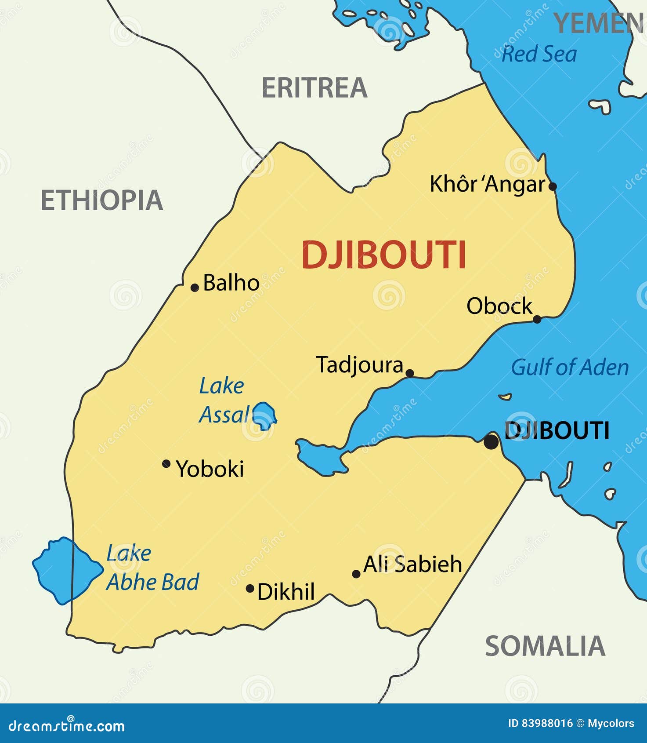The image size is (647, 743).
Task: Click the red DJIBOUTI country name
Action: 383,255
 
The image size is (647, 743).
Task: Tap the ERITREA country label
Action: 314,88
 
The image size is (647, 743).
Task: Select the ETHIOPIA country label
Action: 102,200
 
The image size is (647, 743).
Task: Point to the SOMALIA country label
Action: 545,646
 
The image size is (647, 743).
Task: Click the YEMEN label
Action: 598,23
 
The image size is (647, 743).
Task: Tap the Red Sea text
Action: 539,55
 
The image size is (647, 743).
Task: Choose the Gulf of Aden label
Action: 570,368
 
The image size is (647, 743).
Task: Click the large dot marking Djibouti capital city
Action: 491,441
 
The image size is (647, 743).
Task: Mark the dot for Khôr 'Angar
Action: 553,186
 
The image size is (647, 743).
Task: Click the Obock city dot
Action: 537,319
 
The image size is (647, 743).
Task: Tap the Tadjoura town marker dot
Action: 409,373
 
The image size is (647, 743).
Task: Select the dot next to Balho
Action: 195,288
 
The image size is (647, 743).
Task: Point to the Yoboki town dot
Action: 166,463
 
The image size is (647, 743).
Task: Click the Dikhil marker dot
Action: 250,588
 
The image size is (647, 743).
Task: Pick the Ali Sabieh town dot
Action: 356,574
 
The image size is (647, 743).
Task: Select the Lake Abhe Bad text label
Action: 152,568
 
